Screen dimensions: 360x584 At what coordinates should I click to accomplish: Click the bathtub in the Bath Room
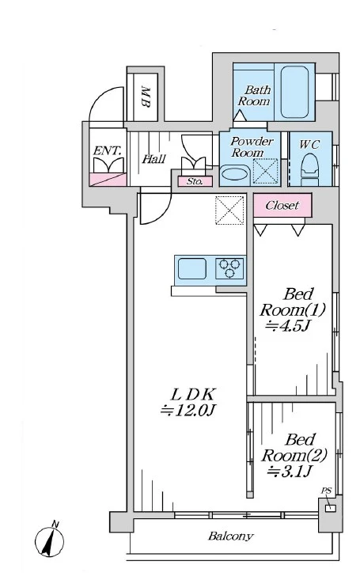[x=294, y=92]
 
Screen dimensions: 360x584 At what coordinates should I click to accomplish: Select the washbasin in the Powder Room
[x=234, y=176]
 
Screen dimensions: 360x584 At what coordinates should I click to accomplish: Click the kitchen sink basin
[x=192, y=268]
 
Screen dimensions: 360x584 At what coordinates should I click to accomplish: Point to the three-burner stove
[x=229, y=268]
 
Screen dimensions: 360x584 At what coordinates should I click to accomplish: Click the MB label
[x=146, y=97]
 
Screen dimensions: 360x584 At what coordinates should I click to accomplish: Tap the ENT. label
[x=107, y=151]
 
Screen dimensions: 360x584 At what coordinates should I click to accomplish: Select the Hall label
[x=153, y=159]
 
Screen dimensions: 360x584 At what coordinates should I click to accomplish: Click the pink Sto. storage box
[x=195, y=181]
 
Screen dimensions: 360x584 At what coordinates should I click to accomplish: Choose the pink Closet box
[x=282, y=205]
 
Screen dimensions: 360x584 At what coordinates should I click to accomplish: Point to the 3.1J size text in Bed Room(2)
[x=290, y=472]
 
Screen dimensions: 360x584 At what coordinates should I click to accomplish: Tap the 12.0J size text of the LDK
[x=188, y=411]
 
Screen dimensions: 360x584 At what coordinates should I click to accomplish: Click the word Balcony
[x=231, y=537]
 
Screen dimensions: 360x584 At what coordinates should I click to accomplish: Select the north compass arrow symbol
[x=50, y=539]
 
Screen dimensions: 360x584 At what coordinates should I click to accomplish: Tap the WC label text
[x=309, y=145]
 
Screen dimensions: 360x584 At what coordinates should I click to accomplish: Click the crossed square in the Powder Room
[x=265, y=172]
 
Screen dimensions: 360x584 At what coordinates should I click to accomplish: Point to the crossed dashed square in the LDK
[x=230, y=210]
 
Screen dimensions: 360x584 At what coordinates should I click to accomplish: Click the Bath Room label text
[x=254, y=96]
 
